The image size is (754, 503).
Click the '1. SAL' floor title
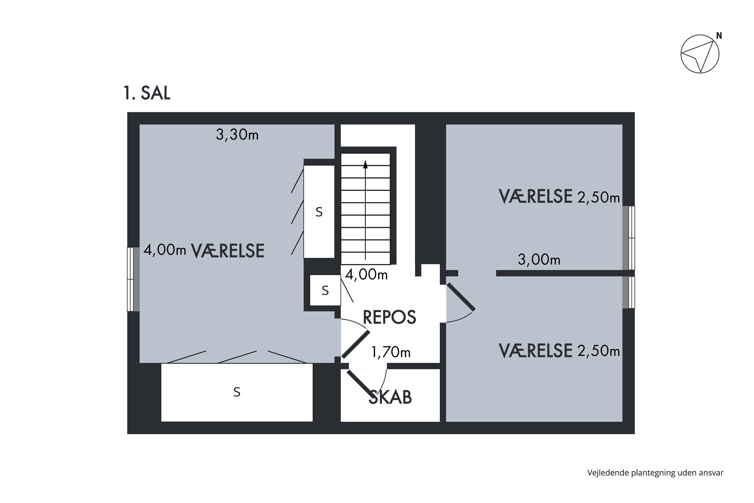pyautogui.click(x=147, y=93)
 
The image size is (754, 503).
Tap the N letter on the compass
pyautogui.click(x=719, y=36)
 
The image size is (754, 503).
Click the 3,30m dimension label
pyautogui.click(x=237, y=135)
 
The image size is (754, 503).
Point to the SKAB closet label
pyautogui.click(x=390, y=397)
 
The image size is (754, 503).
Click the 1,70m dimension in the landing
pyautogui.click(x=391, y=352)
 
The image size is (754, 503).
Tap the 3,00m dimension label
pyautogui.click(x=539, y=260)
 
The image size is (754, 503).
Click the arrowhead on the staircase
pyautogui.click(x=365, y=164)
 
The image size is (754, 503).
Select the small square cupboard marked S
pyautogui.click(x=325, y=290)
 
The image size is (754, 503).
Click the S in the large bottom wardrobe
pyautogui.click(x=237, y=392)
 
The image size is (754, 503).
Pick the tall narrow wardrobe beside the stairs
pyautogui.click(x=319, y=212)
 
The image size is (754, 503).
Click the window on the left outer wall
pyautogui.click(x=133, y=279)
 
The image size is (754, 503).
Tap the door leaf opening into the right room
pyautogui.click(x=461, y=297)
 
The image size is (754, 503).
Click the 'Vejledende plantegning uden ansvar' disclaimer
pyautogui.click(x=655, y=473)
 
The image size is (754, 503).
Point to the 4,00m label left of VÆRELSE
pyautogui.click(x=164, y=250)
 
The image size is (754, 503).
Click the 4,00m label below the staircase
pyautogui.click(x=366, y=275)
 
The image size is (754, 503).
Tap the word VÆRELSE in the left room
pyautogui.click(x=228, y=251)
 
